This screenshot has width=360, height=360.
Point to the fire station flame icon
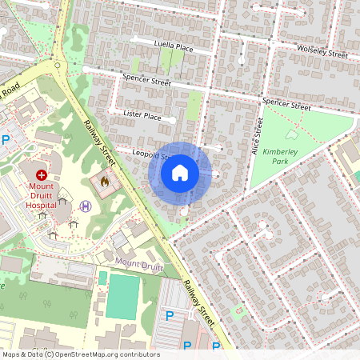coord(103,182)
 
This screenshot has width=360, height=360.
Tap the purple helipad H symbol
coord(86,206)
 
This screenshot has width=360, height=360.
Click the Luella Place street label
coord(174,48)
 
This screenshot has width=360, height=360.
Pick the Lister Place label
coord(142,117)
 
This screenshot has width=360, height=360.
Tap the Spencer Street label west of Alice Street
coord(146,80)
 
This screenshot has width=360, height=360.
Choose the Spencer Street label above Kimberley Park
coord(286,105)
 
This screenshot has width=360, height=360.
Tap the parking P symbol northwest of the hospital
coord(6,140)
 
